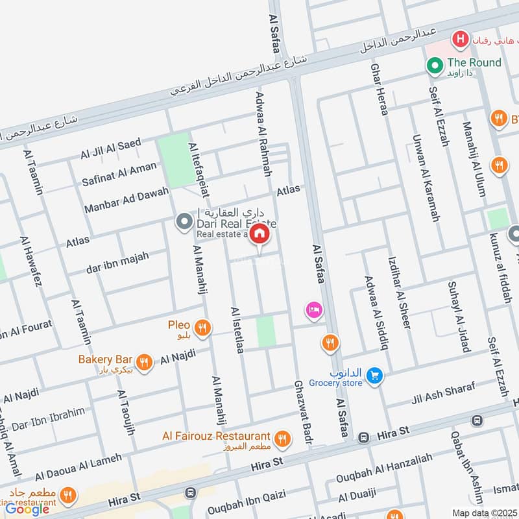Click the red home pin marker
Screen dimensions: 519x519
click(x=259, y=234)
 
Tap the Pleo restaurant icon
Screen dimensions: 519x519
click(x=203, y=328)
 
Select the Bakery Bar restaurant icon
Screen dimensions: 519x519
click(x=145, y=363)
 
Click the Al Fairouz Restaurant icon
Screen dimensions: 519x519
click(x=282, y=440)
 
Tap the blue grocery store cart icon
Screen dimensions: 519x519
click(x=373, y=376)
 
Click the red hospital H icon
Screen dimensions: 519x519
click(x=461, y=40)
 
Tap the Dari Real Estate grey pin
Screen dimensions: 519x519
click(x=185, y=222)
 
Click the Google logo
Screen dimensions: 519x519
click(x=28, y=509)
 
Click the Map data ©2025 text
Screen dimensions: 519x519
click(x=484, y=513)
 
